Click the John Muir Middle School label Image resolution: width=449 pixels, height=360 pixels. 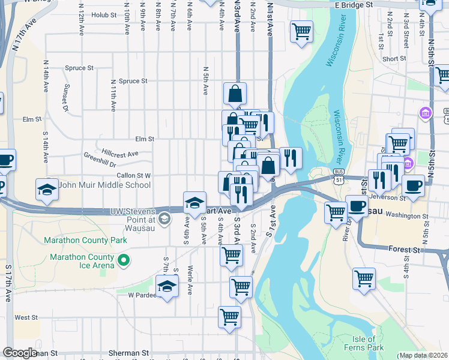pos(104,185)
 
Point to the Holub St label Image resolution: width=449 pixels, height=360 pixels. pos(104,14)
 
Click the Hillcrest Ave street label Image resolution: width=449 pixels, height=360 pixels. pos(120,154)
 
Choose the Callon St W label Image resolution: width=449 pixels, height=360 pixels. pos(133,175)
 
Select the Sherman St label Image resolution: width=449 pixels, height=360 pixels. pos(129,353)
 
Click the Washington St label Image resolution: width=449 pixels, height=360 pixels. pos(407,215)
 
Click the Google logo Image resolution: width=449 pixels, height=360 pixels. pos(20,353)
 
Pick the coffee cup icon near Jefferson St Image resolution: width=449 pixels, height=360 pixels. pos(413,185)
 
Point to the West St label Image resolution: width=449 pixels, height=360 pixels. pos(26,317)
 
